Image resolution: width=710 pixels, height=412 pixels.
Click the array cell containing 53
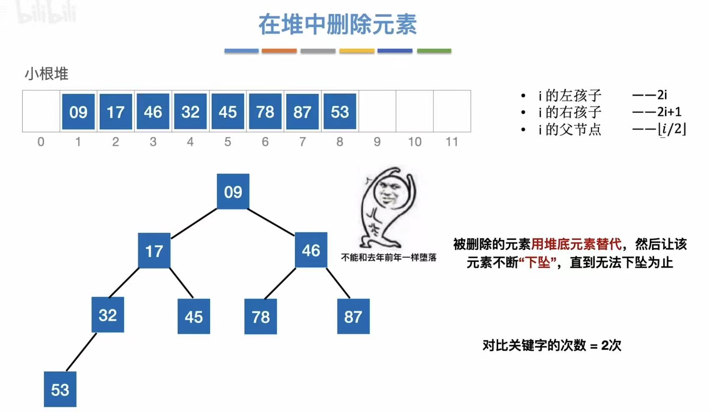point(340,112)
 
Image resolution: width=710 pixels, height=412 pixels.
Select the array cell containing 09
point(78,112)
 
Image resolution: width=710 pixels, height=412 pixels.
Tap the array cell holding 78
point(265,112)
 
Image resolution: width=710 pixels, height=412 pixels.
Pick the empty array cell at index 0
point(41,111)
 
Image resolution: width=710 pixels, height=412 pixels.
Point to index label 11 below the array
point(452,142)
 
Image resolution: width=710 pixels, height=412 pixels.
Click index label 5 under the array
point(228,142)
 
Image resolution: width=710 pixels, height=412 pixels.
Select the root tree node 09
point(233,192)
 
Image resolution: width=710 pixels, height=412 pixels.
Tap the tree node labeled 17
point(154,251)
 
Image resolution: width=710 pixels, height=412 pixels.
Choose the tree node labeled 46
point(311,250)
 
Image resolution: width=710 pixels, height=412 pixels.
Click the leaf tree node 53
point(60,389)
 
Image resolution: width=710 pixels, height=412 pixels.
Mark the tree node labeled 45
point(194,317)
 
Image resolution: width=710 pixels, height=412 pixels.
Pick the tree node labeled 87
point(353,317)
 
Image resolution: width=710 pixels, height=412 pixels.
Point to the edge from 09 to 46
point(271,221)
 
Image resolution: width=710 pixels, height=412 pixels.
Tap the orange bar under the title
point(279,51)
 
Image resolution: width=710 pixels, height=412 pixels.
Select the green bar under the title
point(434,51)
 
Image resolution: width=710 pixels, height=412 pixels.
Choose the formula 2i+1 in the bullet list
point(669,112)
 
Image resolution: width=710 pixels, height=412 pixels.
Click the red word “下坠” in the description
point(538,263)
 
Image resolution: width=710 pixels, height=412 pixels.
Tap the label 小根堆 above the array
point(46,74)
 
